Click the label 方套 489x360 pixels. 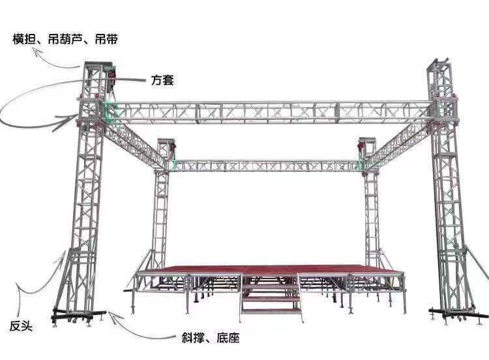click(x=162, y=80)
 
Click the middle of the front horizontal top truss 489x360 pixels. click(x=267, y=113)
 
